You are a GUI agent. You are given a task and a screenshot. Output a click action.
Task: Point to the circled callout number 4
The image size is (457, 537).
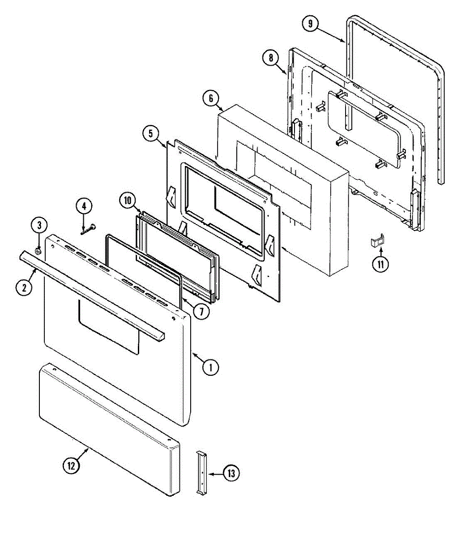coord(84,206)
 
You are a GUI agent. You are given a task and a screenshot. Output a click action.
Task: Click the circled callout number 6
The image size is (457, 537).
coord(211,98)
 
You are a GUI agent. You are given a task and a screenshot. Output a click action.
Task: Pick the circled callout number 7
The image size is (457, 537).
coord(201,311)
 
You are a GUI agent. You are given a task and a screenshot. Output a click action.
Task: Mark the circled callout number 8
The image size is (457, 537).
coord(270,57)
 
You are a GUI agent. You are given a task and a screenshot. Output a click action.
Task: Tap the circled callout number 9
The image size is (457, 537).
coord(310,23)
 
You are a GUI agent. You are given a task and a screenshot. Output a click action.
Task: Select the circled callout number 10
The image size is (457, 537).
coord(128,200)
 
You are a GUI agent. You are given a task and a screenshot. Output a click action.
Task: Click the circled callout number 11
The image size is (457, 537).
coord(380,264)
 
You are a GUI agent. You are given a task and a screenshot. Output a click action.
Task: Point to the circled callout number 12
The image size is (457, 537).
coord(71,465)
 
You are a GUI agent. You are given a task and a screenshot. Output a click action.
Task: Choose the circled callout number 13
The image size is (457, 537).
coord(231,473)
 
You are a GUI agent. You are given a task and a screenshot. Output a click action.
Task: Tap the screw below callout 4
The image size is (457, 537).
coord(89,229)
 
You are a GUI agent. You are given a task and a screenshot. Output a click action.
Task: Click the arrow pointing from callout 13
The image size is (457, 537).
coord(215,473)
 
